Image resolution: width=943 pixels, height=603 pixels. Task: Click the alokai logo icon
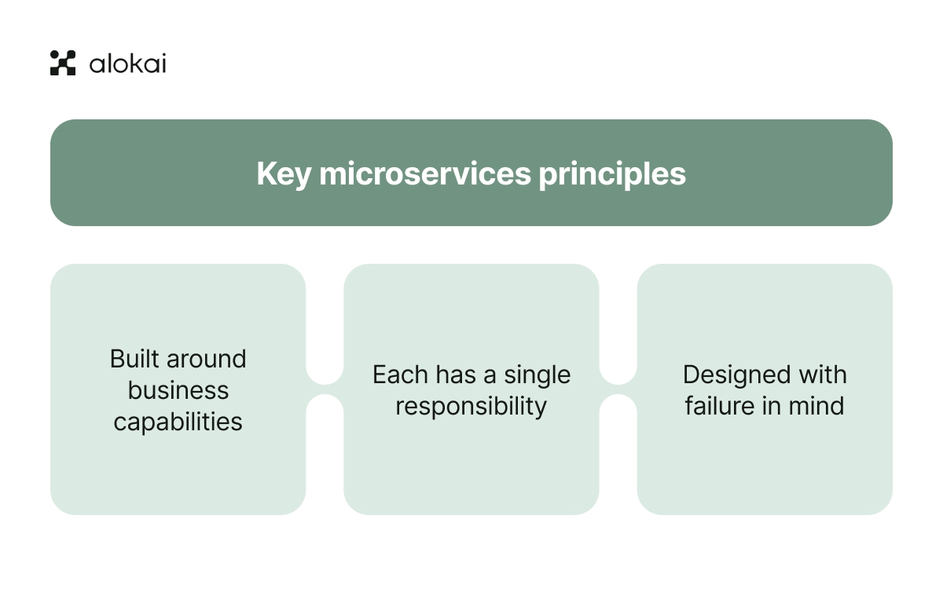click(63, 63)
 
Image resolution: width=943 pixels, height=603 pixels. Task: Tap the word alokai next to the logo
click(128, 64)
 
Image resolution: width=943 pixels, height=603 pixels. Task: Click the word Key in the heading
click(284, 174)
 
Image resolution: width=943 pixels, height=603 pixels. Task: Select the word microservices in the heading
click(425, 174)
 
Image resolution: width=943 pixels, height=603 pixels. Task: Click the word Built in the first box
click(134, 359)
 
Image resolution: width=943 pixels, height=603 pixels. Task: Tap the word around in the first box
click(206, 359)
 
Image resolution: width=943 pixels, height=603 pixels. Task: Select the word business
click(178, 390)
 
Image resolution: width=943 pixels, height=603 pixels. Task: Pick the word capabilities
click(178, 422)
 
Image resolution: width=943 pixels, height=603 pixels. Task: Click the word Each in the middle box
click(400, 375)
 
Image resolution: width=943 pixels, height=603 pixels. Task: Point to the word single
click(538, 375)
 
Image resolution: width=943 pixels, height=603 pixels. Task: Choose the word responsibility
click(471, 407)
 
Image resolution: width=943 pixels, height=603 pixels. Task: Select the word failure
click(720, 406)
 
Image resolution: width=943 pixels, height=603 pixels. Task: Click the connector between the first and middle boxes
click(325, 389)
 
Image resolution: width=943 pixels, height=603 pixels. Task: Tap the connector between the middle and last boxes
click(618, 389)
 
